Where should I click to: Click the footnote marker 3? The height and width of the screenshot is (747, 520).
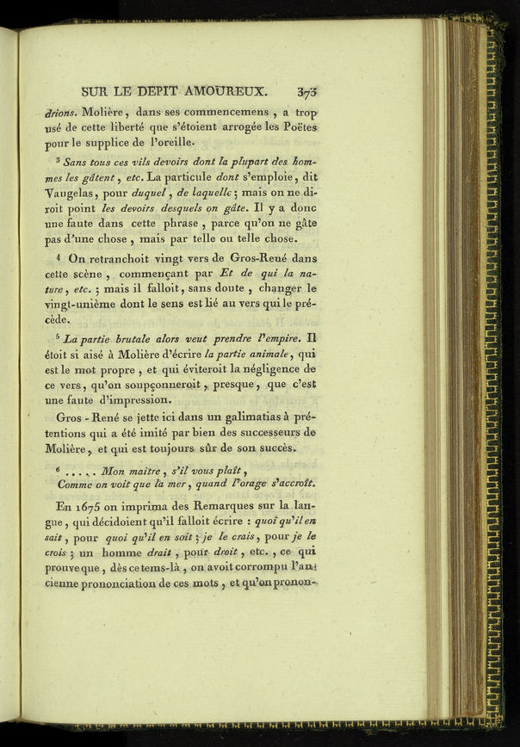[57, 160]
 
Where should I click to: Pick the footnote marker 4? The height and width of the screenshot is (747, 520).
[57, 256]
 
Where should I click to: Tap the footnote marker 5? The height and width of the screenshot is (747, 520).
[58, 336]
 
